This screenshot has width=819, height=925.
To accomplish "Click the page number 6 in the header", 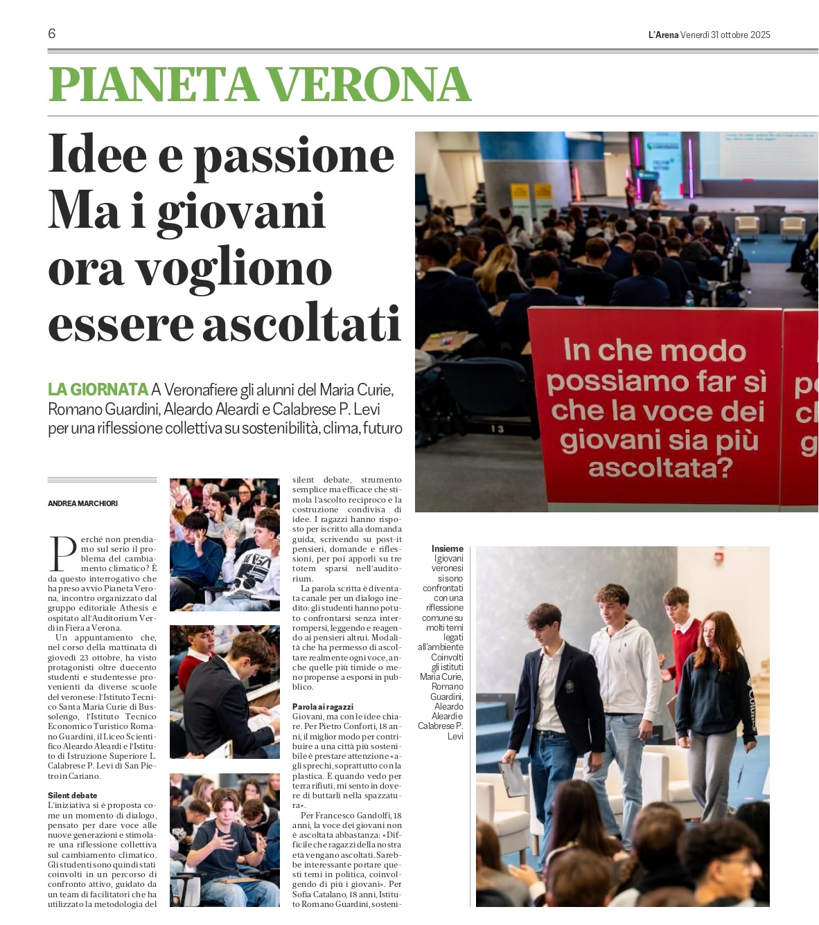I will pos(52,33).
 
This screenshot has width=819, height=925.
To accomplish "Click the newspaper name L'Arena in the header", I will pos(663,35).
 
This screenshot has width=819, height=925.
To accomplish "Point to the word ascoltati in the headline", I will pos(301,324).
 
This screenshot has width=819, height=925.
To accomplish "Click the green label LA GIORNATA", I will pos(98,390).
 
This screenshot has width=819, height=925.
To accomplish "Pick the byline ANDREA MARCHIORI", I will pos(82,503).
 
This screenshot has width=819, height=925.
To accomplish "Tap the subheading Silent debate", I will pos(73,796).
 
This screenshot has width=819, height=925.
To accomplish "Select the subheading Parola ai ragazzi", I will pos(324,707).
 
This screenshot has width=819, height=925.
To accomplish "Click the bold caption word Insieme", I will pos(448,548).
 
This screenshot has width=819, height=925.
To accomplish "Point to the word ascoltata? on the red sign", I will pos(660,469).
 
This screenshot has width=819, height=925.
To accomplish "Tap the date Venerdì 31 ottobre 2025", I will pos(725,35).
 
